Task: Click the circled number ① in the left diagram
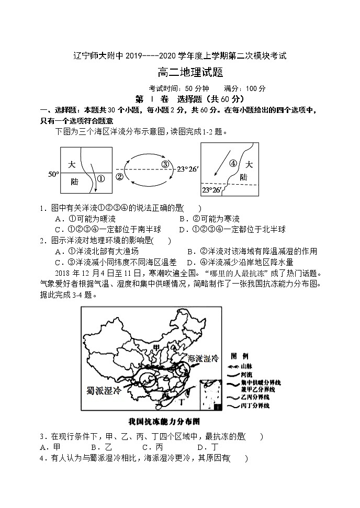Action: tap(102, 178)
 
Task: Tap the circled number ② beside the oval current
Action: tap(119, 176)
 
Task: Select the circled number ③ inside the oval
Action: tap(165, 164)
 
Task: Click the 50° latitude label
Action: tap(53, 173)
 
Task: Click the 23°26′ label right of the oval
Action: tap(187, 169)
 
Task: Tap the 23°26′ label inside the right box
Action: tap(213, 189)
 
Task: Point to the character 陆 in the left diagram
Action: tap(74, 181)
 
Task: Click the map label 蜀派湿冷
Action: tap(107, 390)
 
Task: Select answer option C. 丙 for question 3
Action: tap(152, 447)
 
